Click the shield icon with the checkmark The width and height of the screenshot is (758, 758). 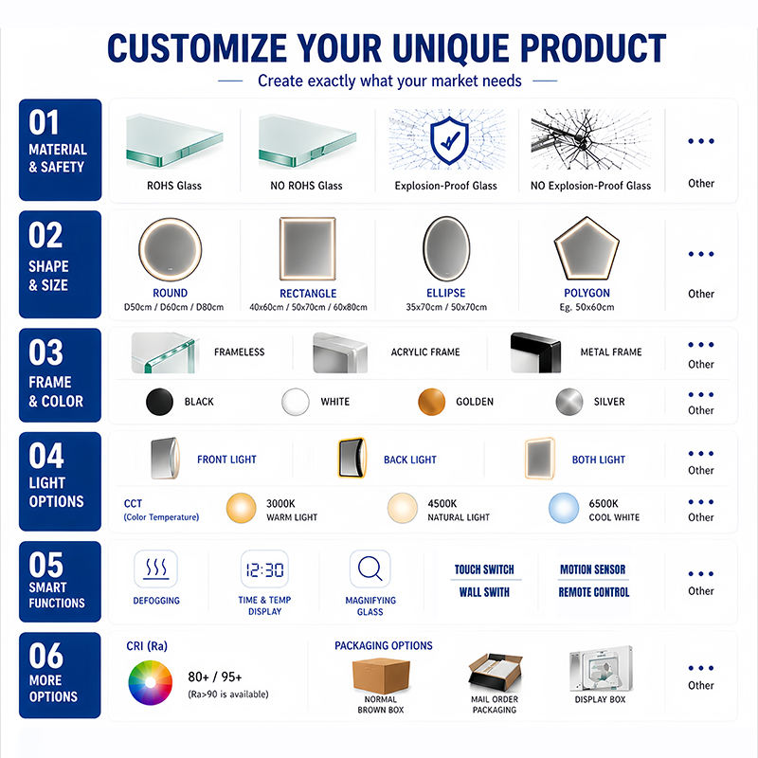tap(449, 140)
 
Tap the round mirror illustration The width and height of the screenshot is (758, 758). tap(171, 249)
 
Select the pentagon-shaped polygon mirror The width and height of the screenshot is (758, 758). tap(587, 248)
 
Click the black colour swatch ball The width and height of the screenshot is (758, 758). tap(159, 402)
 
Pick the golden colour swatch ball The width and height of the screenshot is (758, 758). tap(432, 402)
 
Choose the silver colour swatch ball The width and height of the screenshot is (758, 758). tap(569, 402)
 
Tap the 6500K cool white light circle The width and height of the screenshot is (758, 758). tap(564, 508)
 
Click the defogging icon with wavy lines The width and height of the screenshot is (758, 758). tap(156, 568)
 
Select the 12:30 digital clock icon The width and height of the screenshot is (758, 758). tap(265, 569)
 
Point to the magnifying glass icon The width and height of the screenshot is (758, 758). tap(370, 568)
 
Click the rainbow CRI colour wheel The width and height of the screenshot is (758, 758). tap(151, 682)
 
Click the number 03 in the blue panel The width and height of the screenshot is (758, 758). tap(45, 352)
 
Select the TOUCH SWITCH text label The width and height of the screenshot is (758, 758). tap(484, 569)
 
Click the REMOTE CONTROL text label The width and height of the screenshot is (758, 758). tap(594, 592)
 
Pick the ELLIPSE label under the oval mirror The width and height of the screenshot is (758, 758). tap(445, 293)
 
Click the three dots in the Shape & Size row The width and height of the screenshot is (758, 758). tap(701, 254)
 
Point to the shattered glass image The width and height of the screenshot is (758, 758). tap(590, 139)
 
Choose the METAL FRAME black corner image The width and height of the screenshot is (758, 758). tap(535, 352)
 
